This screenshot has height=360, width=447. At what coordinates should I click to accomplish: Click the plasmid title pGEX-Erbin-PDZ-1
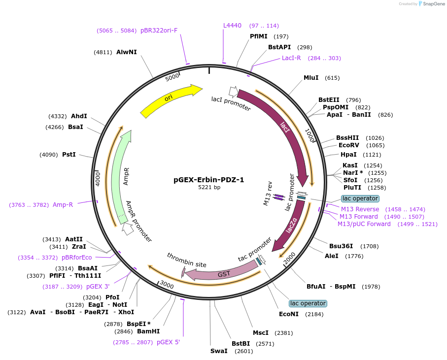pyautogui.click(x=208, y=180)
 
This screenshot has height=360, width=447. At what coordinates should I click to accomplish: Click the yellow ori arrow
pyautogui.click(x=170, y=100)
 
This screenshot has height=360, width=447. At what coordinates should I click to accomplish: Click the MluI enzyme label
pyautogui.click(x=311, y=78)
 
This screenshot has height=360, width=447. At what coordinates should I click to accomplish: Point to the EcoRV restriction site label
pyautogui.click(x=348, y=145)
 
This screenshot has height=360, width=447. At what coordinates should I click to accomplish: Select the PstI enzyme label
pyautogui.click(x=69, y=155)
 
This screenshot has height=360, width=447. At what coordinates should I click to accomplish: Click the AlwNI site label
pyautogui.click(x=127, y=52)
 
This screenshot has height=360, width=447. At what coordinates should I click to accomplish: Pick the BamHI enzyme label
pyautogui.click(x=148, y=331)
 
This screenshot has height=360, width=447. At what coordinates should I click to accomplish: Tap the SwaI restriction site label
pyautogui.click(x=219, y=351)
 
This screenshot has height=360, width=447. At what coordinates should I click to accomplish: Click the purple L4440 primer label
pyautogui.click(x=233, y=26)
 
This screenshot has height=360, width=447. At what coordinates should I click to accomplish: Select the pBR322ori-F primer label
pyautogui.click(x=159, y=31)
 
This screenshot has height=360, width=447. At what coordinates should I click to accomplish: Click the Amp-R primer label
pyautogui.click(x=63, y=205)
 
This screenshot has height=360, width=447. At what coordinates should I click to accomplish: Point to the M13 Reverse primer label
pyautogui.click(x=360, y=209)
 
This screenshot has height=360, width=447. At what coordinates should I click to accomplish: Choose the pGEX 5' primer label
pyautogui.click(x=169, y=342)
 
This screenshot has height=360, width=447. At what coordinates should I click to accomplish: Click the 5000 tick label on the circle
pyautogui.click(x=172, y=78)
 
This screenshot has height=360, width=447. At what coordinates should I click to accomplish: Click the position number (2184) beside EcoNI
pyautogui.click(x=315, y=314)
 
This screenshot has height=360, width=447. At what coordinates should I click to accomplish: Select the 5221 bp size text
pyautogui.click(x=209, y=188)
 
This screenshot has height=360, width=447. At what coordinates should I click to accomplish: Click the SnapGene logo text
pyautogui.click(x=433, y=4)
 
